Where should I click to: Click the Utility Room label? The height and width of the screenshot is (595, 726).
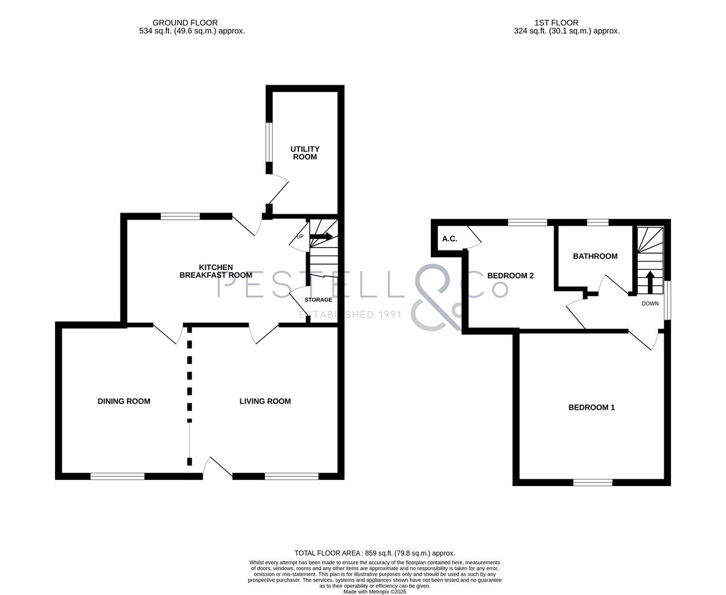pyautogui.click(x=305, y=153)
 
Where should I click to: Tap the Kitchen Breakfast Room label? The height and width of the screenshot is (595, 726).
pyautogui.click(x=216, y=271)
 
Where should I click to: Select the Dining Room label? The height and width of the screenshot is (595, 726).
pyautogui.click(x=124, y=401)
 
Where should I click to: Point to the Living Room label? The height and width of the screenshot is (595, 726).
pyautogui.click(x=265, y=401)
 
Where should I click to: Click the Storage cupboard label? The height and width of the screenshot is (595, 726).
pyautogui.click(x=318, y=300)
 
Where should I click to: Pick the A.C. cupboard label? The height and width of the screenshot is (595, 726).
pyautogui.click(x=450, y=238)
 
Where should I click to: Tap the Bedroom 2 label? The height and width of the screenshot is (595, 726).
pyautogui.click(x=511, y=275)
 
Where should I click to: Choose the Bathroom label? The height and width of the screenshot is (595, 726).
pyautogui.click(x=595, y=256)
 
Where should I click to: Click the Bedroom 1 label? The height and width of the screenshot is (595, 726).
pyautogui.click(x=592, y=407)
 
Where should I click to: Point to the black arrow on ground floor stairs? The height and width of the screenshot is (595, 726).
pyautogui.click(x=321, y=237)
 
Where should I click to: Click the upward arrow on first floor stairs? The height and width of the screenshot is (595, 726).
pyautogui.click(x=650, y=282)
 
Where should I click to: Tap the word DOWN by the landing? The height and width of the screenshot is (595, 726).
pyautogui.click(x=650, y=303)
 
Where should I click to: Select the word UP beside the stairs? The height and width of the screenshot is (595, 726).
pyautogui.click(x=300, y=237)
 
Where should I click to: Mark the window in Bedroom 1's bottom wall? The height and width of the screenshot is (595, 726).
pyautogui.click(x=593, y=482)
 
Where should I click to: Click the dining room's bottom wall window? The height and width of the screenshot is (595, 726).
pyautogui.click(x=117, y=476)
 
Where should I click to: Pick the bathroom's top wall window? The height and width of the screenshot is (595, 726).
pyautogui.click(x=598, y=222)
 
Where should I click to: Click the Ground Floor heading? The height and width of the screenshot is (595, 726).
pyautogui.click(x=185, y=23)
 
